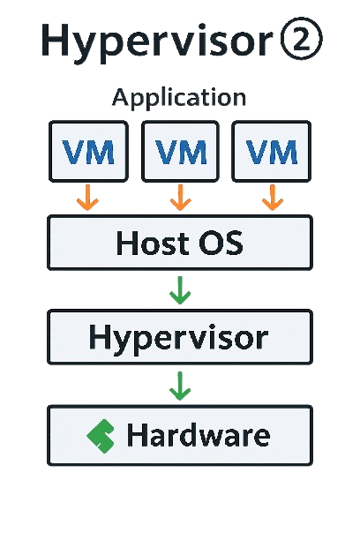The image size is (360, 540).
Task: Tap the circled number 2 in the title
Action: coord(302,39)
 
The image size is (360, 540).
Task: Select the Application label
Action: coord(179,98)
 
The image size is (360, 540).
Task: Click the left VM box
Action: coord(88,151)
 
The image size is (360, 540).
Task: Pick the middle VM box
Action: coord(181,151)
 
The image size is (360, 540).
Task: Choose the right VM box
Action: coord(272,151)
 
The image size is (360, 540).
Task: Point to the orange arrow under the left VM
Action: coord(88,198)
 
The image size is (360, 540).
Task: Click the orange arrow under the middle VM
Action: coord(181,198)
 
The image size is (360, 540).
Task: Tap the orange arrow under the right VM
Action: coord(273,198)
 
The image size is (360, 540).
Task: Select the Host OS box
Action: coord(180,243)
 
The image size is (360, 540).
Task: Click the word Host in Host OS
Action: coord(153,243)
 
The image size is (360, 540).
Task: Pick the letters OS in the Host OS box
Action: coord(221,243)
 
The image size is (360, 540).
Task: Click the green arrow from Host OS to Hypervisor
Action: coord(180,290)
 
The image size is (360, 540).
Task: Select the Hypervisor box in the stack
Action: coord(180,337)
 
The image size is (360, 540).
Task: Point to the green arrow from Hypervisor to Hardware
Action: coord(180,386)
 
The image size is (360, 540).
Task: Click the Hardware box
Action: coord(180,435)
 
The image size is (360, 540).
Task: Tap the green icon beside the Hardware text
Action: coord(101,436)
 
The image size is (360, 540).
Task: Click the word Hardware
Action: coord(199,435)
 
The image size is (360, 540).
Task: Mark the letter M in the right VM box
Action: coord(284,152)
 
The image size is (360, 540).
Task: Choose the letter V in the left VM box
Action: coord(73,152)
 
